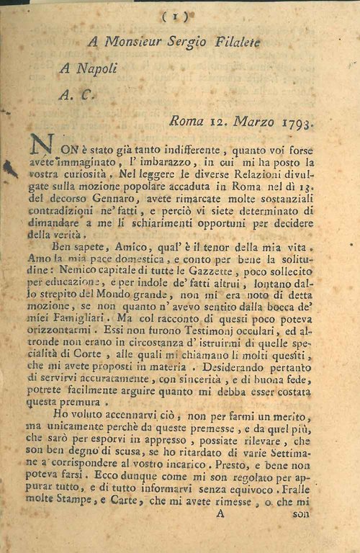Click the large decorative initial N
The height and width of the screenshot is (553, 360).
[40, 148]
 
